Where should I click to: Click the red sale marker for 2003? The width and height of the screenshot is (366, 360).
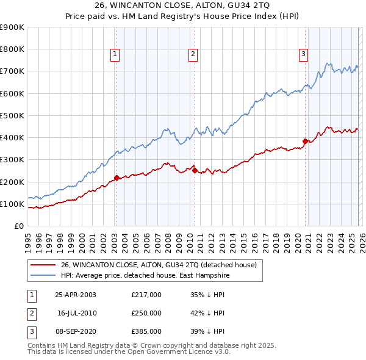tap(117, 178)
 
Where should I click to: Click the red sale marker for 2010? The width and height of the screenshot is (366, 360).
tap(195, 171)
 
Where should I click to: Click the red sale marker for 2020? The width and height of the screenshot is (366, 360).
tap(305, 141)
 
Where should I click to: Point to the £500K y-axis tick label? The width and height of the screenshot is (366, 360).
tap(12, 115)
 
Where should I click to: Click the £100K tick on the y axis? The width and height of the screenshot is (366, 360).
tap(12, 204)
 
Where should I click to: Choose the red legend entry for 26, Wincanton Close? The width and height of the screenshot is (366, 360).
tap(161, 265)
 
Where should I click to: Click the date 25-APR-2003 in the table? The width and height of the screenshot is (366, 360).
tap(76, 294)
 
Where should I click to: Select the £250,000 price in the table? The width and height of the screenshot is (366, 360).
tap(146, 312)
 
